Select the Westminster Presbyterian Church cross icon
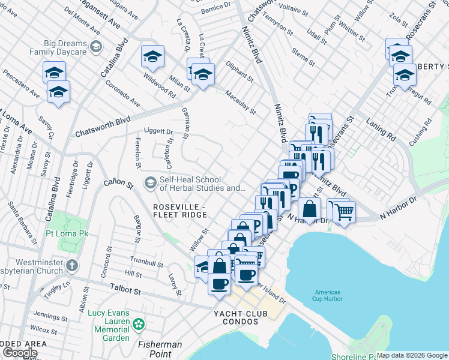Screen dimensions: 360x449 [71, 265]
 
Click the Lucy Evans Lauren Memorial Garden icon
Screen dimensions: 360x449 [139, 325]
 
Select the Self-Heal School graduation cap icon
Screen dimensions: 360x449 [150, 182]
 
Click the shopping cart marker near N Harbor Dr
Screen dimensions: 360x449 [344, 211]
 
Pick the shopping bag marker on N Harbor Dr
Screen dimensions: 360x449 [310, 210]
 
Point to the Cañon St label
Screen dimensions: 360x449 [118, 183]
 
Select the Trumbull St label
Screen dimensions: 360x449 [146, 262]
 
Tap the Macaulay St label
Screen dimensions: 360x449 [240, 102]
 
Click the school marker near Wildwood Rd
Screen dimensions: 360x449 [152, 58]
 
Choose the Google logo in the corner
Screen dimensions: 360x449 [20, 353]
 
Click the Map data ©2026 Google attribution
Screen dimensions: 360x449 [412, 355]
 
